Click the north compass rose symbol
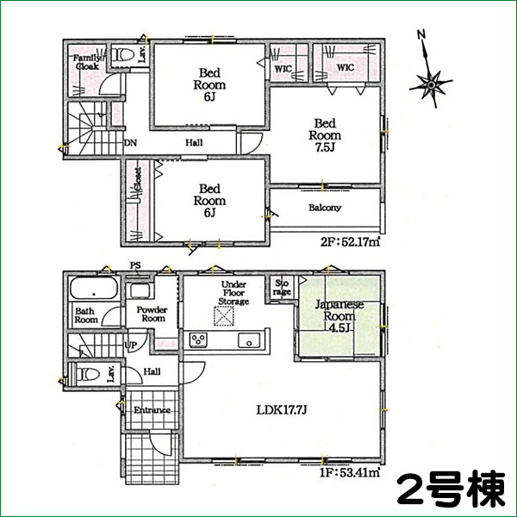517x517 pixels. click(x=430, y=84)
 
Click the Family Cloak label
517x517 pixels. click(x=87, y=61)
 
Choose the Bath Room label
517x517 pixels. click(x=86, y=315)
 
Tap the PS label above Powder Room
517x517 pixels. click(x=134, y=265)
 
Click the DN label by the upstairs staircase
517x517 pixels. click(x=130, y=143)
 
